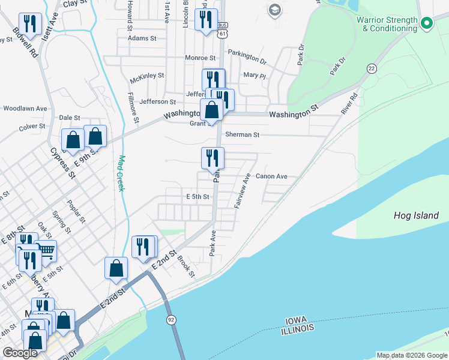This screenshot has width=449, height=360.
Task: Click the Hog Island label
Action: point(416,215)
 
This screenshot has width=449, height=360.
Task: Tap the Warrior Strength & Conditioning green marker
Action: point(427,24)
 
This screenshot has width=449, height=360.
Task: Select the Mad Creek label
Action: point(121,173)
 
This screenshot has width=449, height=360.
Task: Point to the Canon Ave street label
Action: point(271,176)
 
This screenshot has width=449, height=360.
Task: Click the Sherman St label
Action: point(242,135)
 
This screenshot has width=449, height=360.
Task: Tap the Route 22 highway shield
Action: point(372,68)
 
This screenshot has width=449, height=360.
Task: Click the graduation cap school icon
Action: point(275,9)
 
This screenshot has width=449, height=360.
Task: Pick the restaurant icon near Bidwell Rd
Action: point(30,23)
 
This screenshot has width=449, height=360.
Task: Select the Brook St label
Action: point(186,267)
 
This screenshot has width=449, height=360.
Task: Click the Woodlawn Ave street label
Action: point(25,109)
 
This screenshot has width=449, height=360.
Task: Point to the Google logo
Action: point(20,353)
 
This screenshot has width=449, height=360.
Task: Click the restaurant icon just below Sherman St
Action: point(212,158)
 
